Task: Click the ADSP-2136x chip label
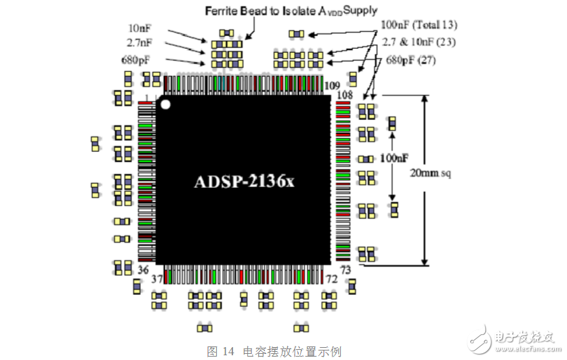pos(245,182)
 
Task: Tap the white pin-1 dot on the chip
pos(165,104)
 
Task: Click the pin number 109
pos(332,85)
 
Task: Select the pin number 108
pos(345,95)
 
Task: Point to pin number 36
pos(143,270)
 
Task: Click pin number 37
pos(157,279)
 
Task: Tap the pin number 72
pos(331,279)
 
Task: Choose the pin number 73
pos(345,270)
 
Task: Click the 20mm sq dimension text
pos(430,174)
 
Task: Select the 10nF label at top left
pos(140,28)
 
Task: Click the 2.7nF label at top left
pos(140,43)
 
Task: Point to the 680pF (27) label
pos(411,60)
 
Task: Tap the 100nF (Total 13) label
pos(419,24)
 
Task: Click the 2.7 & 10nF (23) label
pos(419,42)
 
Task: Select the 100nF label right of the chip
pos(394,158)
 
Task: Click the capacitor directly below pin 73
pos(352,287)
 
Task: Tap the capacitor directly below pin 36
pos(137,287)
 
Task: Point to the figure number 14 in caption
pos(228,351)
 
